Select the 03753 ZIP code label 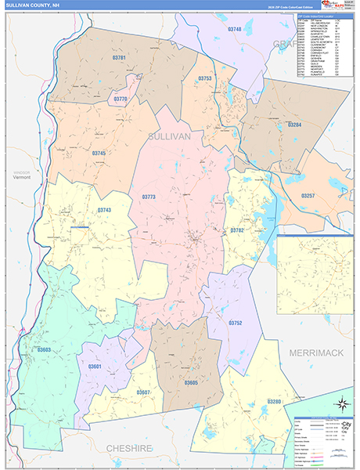tap(205, 78)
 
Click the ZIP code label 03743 tap(105, 210)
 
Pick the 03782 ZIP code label tap(237, 230)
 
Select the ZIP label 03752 tap(236, 323)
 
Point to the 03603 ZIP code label tap(44, 350)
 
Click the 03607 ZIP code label tap(143, 392)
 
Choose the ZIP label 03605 tap(192, 382)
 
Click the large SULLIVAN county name tap(169, 136)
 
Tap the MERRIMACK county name tap(316, 353)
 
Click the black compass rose tap(341, 404)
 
